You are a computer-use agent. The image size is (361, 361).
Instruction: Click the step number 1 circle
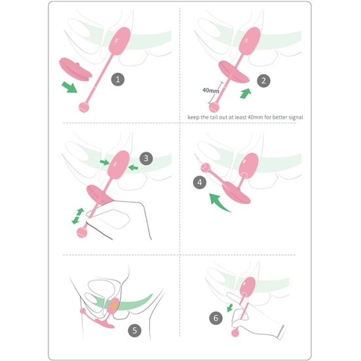tap(118, 79)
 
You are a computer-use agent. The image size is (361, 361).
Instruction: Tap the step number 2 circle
tap(263, 81)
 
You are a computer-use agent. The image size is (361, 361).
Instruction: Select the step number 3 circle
tap(146, 158)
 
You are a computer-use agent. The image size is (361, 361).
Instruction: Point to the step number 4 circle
tap(200, 182)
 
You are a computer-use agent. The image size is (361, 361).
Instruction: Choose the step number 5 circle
tap(135, 331)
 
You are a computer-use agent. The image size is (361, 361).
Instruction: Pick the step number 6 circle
tap(216, 318)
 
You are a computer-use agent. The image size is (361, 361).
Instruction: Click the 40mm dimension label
tap(210, 90)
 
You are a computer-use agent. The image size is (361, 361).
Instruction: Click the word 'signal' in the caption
tap(295, 117)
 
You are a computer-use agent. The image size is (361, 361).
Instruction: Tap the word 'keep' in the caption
tap(193, 117)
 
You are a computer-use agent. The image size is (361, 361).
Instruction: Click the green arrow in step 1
tap(69, 87)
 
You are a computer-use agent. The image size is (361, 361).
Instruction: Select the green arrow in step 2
tap(246, 94)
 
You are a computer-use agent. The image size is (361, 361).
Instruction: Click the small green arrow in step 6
tap(230, 308)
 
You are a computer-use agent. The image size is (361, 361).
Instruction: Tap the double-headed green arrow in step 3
tap(78, 216)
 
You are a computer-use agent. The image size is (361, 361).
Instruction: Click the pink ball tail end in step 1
tap(84, 107)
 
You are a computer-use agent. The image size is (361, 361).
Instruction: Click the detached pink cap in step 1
tap(75, 69)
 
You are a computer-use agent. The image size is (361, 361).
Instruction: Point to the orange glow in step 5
tap(113, 305)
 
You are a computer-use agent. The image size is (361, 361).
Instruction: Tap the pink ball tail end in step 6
tap(235, 333)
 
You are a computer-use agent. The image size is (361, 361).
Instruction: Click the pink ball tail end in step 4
tap(205, 168)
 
